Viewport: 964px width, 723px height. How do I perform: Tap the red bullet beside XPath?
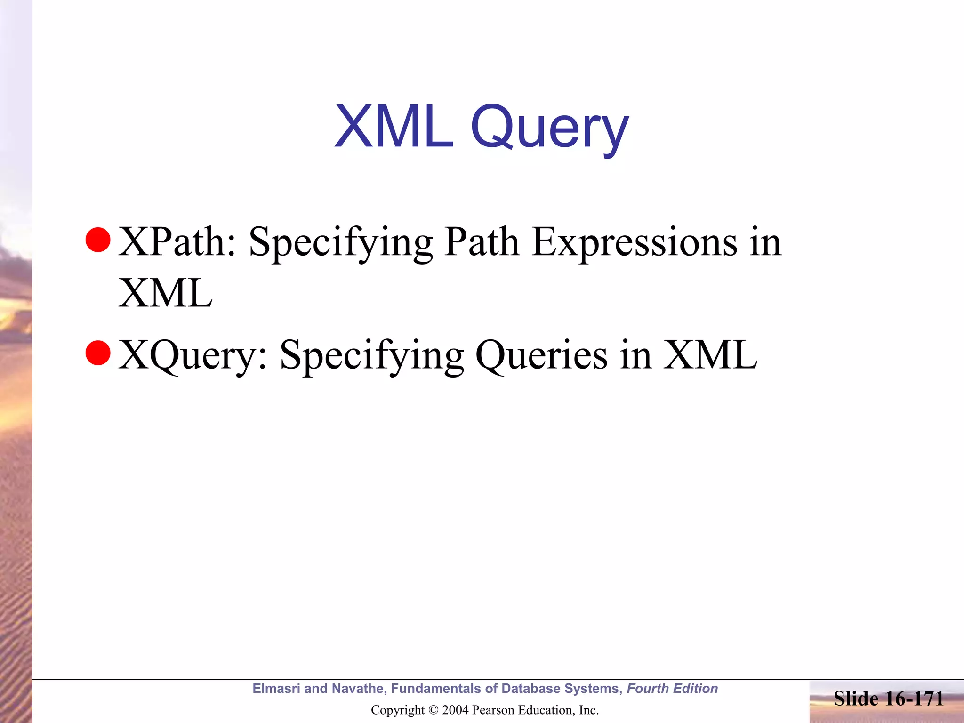click(98, 240)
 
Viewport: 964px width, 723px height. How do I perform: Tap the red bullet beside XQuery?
click(98, 353)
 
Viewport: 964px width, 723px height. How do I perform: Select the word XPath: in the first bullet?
click(177, 242)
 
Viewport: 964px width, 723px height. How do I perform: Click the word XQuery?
click(193, 355)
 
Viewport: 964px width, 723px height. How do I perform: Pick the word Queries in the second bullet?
click(541, 355)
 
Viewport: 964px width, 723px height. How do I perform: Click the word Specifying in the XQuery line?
click(372, 355)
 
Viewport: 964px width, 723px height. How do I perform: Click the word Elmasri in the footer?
click(276, 689)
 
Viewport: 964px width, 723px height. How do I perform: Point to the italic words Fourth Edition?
click(672, 689)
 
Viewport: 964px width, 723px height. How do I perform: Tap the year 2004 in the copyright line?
click(455, 710)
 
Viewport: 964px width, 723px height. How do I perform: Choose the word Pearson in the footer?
click(492, 710)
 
